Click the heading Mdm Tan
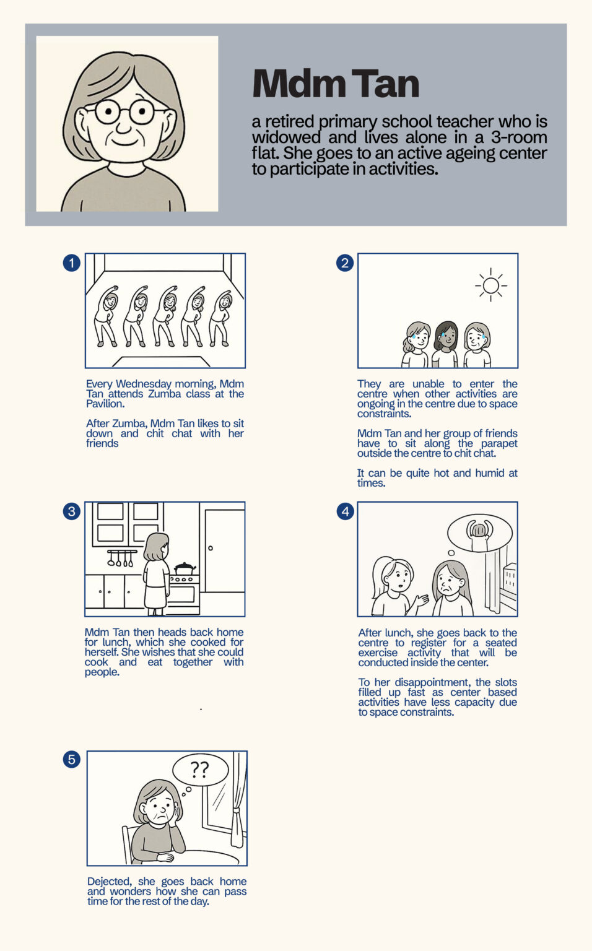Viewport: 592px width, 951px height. pyautogui.click(x=336, y=83)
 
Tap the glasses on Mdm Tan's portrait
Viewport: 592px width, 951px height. pyautogui.click(x=124, y=111)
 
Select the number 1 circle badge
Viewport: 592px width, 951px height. pyautogui.click(x=72, y=263)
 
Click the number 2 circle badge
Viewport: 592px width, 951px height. pyautogui.click(x=345, y=263)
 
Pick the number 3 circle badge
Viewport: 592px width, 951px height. pyautogui.click(x=72, y=511)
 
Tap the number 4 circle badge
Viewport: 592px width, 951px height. pyautogui.click(x=346, y=511)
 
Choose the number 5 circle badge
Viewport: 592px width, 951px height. pyautogui.click(x=72, y=760)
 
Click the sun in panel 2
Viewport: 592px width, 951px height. pyautogui.click(x=491, y=285)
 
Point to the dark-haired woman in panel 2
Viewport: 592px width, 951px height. pyautogui.click(x=445, y=344)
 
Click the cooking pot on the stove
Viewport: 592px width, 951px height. pyautogui.click(x=185, y=568)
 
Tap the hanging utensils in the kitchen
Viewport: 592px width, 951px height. pyautogui.click(x=121, y=558)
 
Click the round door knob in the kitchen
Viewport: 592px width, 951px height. pyautogui.click(x=210, y=548)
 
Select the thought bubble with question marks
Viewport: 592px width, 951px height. pyautogui.click(x=200, y=770)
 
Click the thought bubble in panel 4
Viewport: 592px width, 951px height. pyautogui.click(x=480, y=533)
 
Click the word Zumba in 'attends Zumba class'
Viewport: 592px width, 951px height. pyautogui.click(x=164, y=394)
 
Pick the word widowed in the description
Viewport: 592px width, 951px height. pyautogui.click(x=286, y=137)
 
